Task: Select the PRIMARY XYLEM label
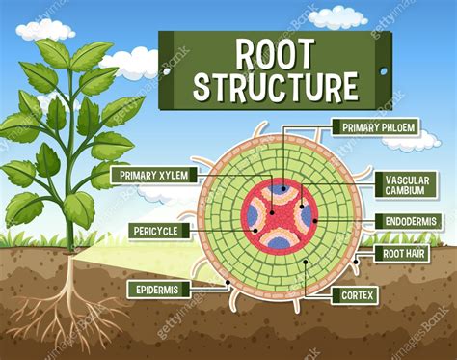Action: tap(154, 175)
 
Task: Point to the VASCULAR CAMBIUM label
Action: tap(407, 184)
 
